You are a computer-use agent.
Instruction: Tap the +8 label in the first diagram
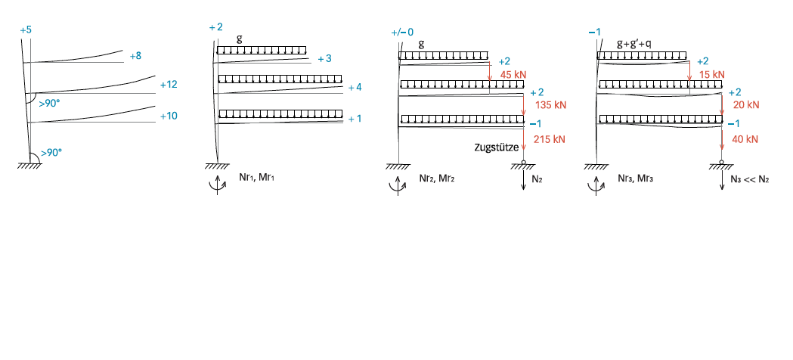click(135, 56)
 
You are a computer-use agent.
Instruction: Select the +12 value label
click(169, 84)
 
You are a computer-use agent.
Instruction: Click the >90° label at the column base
click(51, 152)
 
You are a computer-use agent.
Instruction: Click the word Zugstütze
click(497, 149)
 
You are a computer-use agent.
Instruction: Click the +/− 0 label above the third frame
click(403, 33)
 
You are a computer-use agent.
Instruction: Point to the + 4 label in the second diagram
click(355, 87)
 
